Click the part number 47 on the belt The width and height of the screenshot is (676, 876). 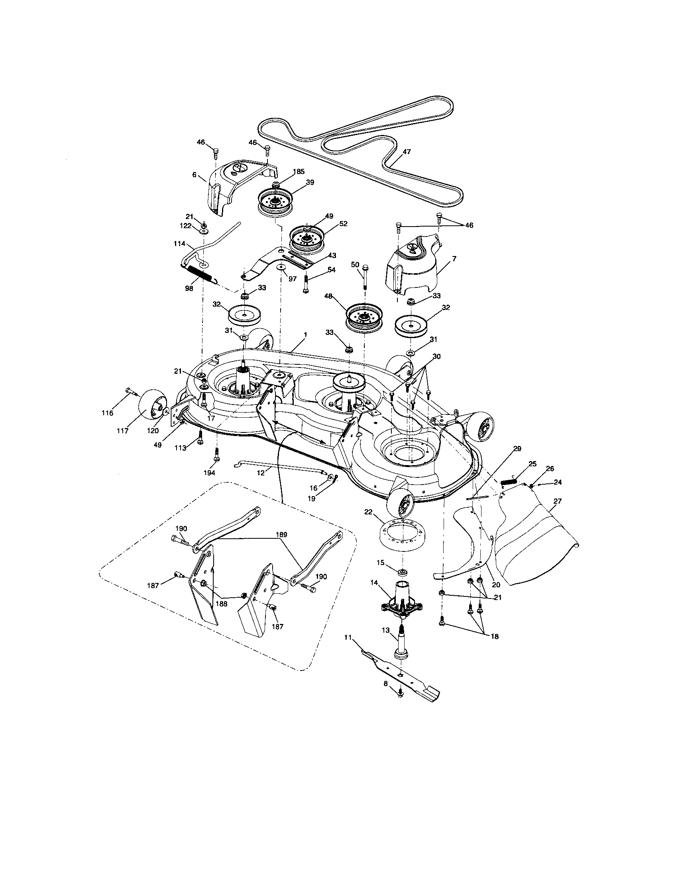[x=407, y=152]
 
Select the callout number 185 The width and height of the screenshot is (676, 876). [x=298, y=172]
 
